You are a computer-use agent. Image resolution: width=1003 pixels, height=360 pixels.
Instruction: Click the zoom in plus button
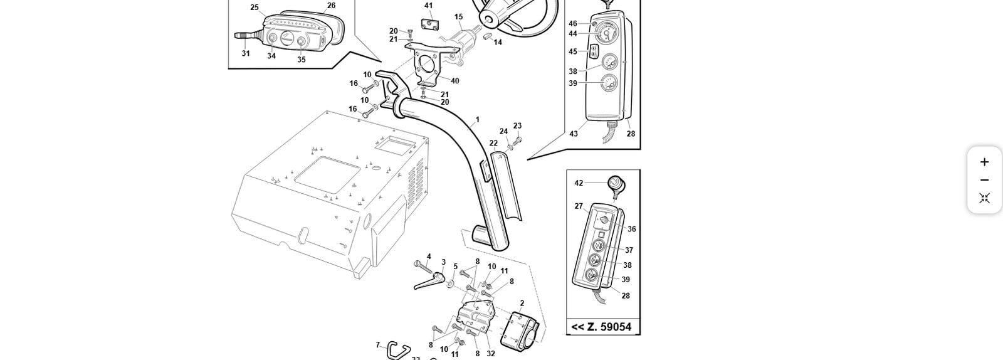[984, 162]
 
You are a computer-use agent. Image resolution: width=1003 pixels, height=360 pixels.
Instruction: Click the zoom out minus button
[984, 180]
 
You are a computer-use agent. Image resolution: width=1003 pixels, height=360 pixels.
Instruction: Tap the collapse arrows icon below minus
[984, 198]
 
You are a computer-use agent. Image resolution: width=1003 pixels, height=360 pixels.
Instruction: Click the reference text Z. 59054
[602, 327]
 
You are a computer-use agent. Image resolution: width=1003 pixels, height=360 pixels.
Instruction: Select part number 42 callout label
[579, 183]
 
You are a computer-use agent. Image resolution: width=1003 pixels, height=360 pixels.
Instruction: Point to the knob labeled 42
[616, 184]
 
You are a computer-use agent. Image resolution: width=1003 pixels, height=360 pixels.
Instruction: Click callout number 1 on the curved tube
[477, 119]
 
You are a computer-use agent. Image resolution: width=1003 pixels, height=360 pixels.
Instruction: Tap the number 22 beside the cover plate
[493, 143]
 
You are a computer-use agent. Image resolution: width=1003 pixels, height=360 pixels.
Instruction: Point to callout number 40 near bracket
[454, 81]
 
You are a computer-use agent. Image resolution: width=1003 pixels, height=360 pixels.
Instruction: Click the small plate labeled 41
[429, 23]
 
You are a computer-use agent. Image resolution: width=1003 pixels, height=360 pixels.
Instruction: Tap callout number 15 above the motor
[458, 17]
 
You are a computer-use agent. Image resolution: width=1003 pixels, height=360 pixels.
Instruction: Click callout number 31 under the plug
[246, 53]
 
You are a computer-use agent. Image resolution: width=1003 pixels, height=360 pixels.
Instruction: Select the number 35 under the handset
[302, 60]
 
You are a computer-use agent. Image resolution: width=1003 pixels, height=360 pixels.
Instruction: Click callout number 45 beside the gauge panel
[573, 52]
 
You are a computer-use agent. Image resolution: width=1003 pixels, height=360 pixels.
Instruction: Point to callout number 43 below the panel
[574, 134]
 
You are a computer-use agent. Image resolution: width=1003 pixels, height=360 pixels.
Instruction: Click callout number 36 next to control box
[631, 229]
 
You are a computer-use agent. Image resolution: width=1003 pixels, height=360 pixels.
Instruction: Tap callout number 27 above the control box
[579, 206]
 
